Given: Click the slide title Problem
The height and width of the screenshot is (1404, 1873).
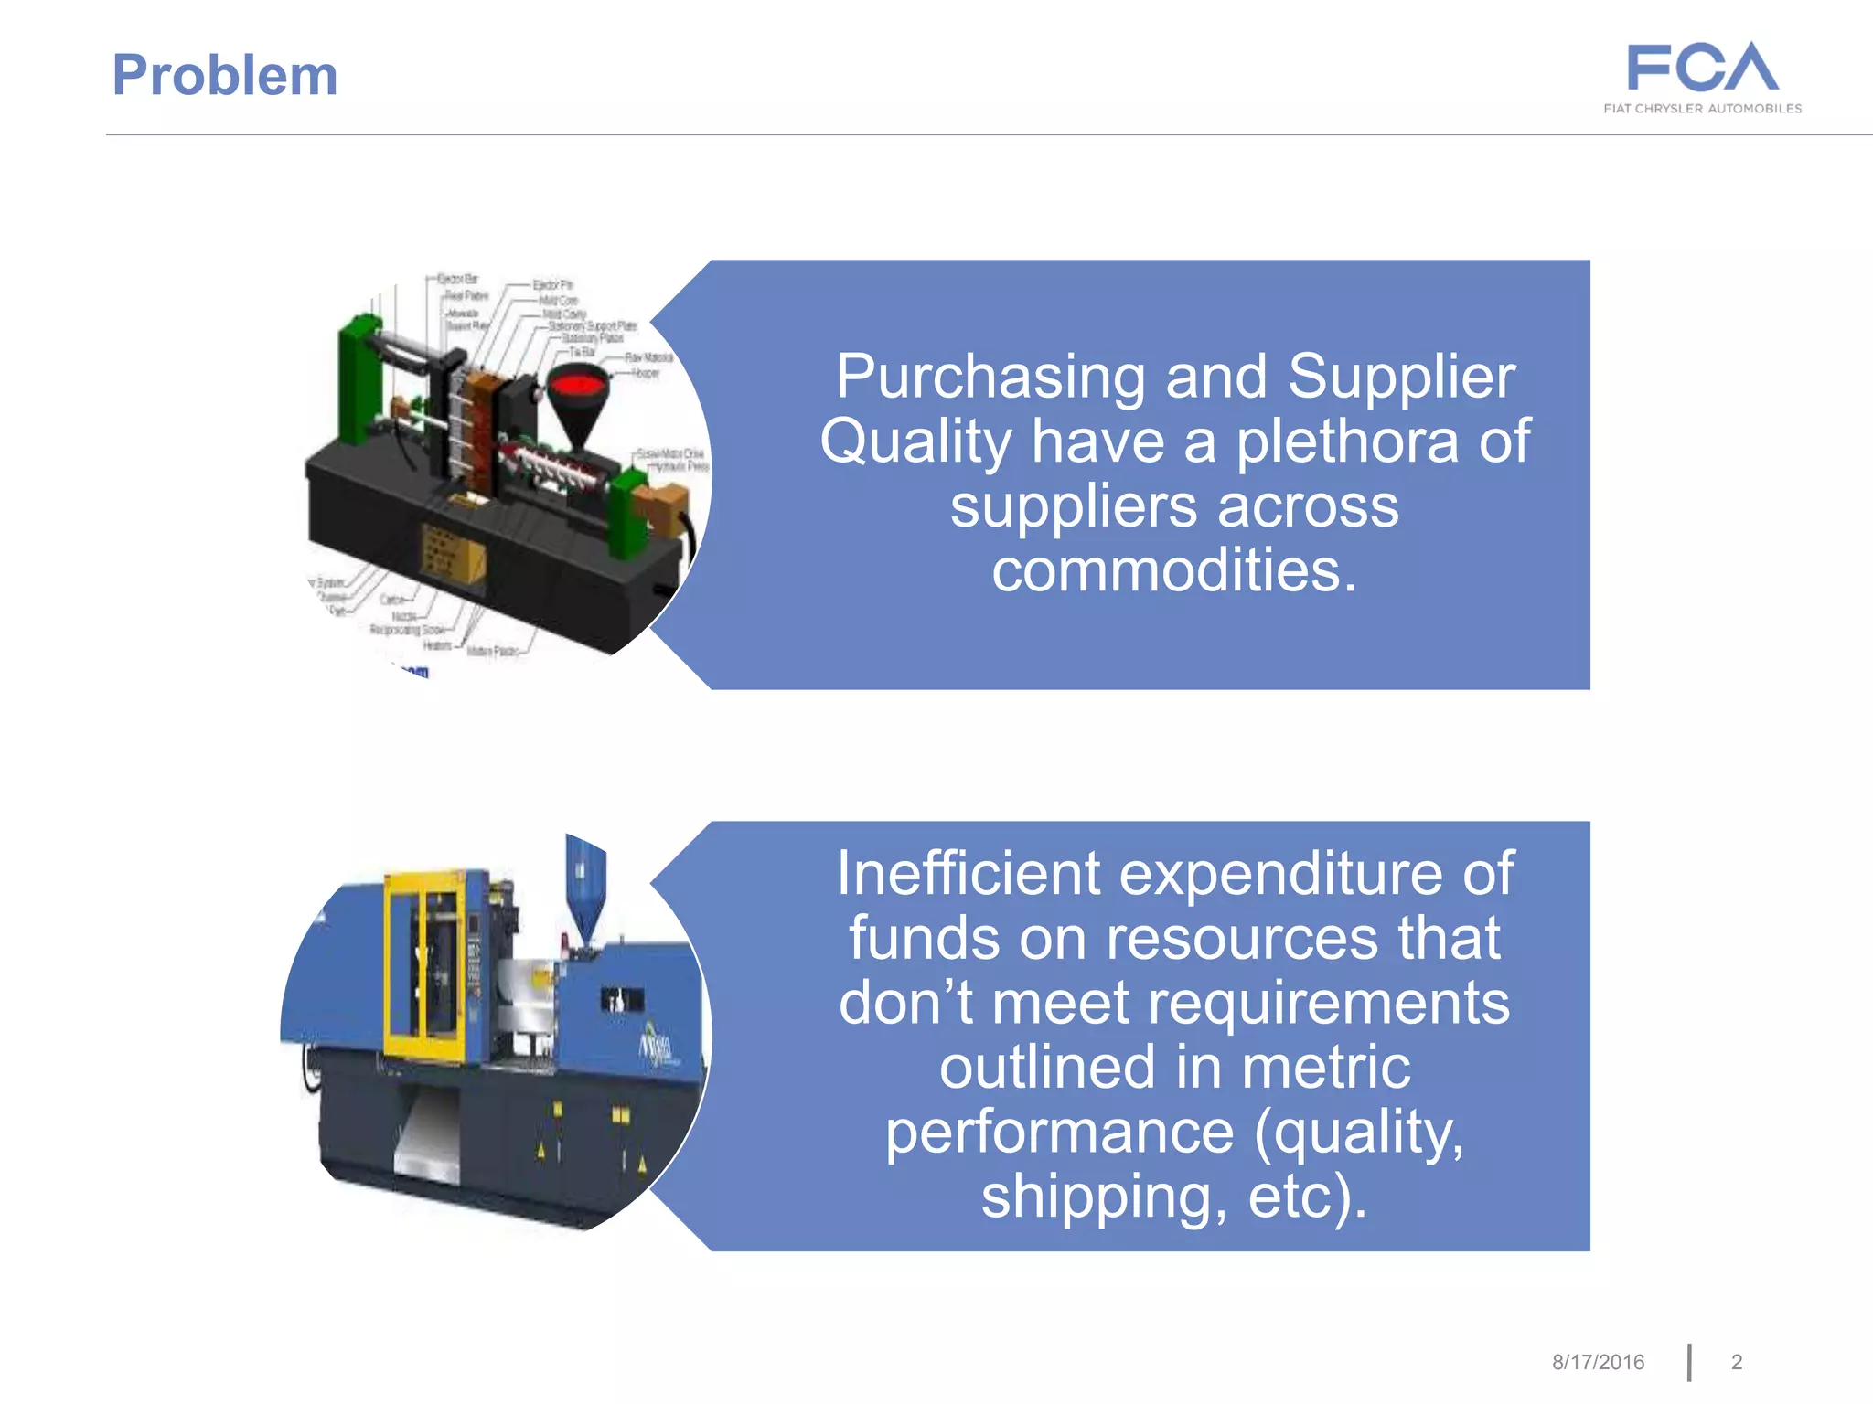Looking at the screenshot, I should pyautogui.click(x=225, y=75).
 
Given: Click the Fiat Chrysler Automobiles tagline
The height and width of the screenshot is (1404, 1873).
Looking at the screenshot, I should pyautogui.click(x=1702, y=109).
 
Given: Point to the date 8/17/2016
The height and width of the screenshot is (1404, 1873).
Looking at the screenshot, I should pyautogui.click(x=1598, y=1362).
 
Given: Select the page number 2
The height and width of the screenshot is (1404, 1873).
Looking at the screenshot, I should pyautogui.click(x=1737, y=1362).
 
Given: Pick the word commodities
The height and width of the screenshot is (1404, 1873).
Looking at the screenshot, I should pyautogui.click(x=1173, y=570).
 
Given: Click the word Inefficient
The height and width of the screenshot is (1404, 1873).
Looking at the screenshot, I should pyautogui.click(x=969, y=873).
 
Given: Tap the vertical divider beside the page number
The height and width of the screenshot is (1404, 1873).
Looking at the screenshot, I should pyautogui.click(x=1689, y=1362).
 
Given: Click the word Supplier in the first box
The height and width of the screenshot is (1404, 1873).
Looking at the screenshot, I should pyautogui.click(x=1401, y=378).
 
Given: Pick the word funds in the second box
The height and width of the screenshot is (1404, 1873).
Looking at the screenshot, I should pyautogui.click(x=924, y=939).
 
